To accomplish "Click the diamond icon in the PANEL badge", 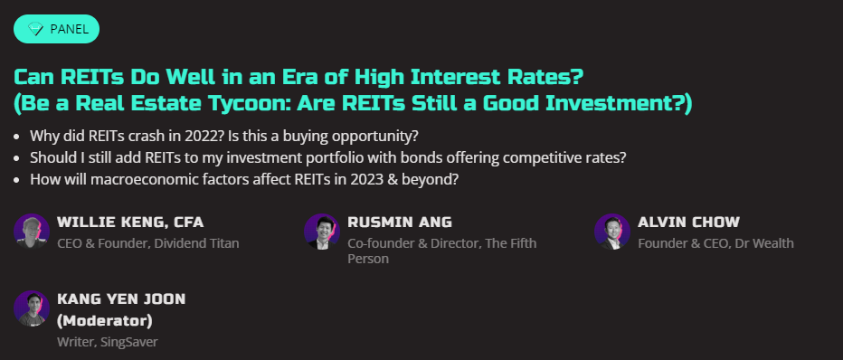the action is point(35,29).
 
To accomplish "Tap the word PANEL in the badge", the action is point(69,29).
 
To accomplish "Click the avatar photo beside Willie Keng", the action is point(32,232).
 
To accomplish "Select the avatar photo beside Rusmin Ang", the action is point(322,232).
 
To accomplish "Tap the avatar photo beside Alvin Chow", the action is point(612,232).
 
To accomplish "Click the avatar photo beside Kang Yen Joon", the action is point(32,308).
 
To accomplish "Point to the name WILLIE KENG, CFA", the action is point(130,223).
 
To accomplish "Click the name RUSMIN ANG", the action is point(400,223).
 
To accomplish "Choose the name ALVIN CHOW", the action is point(689,223).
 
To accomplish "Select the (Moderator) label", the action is point(105,321).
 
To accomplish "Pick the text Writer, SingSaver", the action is point(108,342).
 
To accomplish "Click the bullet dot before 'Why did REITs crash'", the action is point(17,137).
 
